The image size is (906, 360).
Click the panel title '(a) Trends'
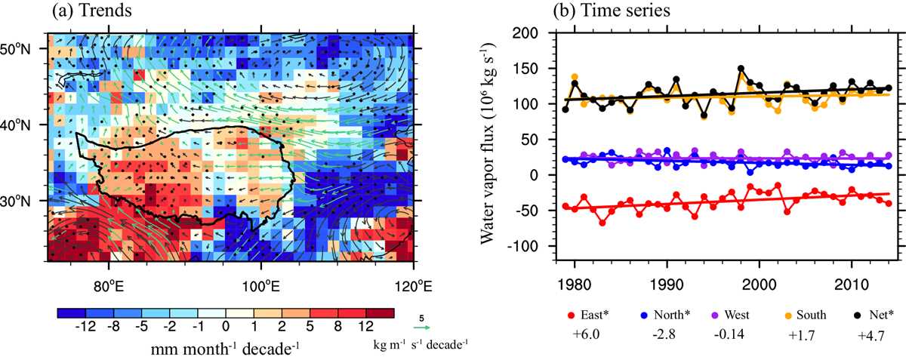coord(92,10)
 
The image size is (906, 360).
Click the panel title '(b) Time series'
coord(612,10)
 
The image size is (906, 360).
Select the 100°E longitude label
coord(261,287)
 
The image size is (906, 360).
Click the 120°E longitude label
coord(414,287)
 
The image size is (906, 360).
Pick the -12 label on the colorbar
coord(86,327)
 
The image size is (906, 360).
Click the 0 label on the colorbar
coord(226,327)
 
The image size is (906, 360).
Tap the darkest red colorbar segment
coord(380,313)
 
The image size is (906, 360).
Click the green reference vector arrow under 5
coord(421,328)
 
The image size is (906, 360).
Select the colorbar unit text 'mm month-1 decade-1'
coord(225,349)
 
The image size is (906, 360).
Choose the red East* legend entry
coord(588,315)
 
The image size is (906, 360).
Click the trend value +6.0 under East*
coord(586,335)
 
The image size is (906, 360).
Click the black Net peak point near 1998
coord(741,69)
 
